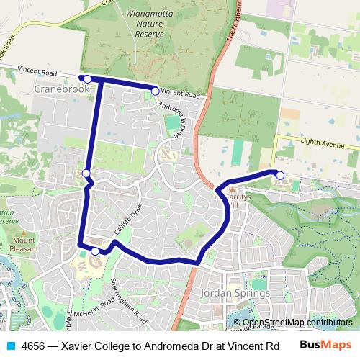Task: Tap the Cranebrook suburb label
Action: pyautogui.click(x=62, y=89)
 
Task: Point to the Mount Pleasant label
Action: pyautogui.click(x=24, y=243)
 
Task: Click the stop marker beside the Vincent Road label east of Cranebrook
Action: pyautogui.click(x=154, y=90)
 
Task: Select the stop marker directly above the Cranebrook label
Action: pyautogui.click(x=86, y=78)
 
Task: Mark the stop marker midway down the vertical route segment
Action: pyautogui.click(x=86, y=174)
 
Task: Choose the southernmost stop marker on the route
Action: pyautogui.click(x=95, y=251)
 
